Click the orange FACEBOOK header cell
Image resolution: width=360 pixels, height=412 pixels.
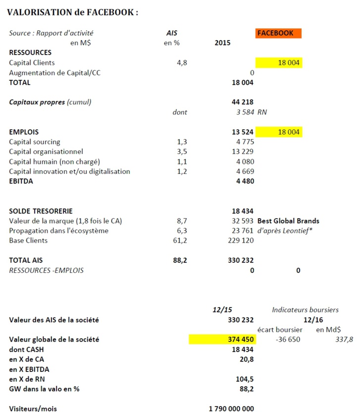(278, 33)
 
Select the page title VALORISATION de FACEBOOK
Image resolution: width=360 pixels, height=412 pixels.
(72, 12)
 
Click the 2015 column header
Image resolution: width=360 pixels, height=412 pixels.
(222, 43)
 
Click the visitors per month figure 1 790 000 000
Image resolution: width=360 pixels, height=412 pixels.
(232, 409)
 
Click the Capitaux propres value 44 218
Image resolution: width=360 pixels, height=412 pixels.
(242, 103)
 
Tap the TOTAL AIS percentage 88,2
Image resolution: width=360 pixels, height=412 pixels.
(180, 260)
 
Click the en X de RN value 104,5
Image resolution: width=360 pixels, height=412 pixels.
(245, 379)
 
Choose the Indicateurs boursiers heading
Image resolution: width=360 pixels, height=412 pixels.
(305, 309)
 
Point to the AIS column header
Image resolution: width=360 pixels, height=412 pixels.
(172, 33)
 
